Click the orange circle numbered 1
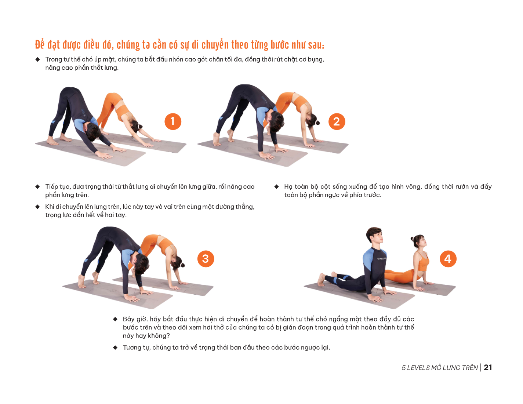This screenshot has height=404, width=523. (173, 121)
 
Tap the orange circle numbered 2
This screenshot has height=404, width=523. (337, 121)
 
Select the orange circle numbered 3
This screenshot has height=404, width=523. (206, 259)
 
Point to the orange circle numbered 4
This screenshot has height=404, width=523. (448, 259)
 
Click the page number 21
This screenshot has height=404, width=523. (488, 367)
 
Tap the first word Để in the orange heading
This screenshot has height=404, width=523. (40, 44)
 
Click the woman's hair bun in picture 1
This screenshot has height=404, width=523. (140, 126)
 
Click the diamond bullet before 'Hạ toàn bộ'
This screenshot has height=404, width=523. (276, 186)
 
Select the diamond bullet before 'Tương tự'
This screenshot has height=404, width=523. (115, 347)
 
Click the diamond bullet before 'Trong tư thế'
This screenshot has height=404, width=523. (37, 59)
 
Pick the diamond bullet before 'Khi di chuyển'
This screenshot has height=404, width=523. (37, 207)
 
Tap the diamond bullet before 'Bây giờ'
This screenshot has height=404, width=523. (115, 319)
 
